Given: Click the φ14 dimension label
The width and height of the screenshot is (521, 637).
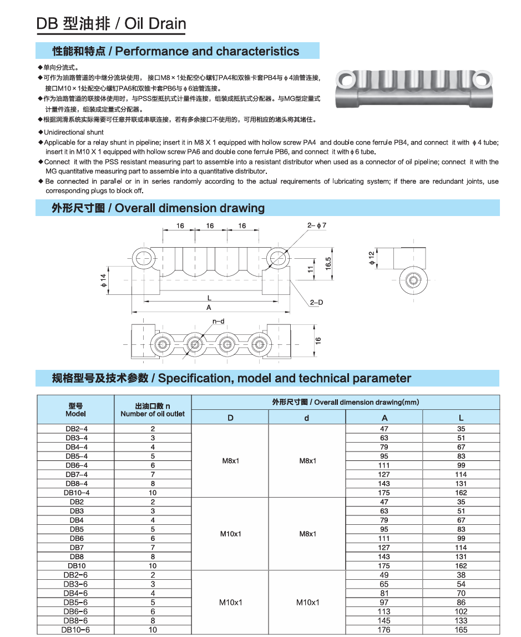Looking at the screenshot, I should coord(103,280).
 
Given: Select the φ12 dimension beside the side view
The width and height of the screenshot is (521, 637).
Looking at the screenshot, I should coord(372,257).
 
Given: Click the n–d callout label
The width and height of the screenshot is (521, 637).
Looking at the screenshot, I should coord(218,321).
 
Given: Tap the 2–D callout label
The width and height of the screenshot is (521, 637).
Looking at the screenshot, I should coord(317,302).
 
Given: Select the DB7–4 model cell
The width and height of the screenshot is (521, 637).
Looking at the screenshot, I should coord(76,474).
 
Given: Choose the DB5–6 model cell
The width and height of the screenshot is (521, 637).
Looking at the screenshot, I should coord(76,602).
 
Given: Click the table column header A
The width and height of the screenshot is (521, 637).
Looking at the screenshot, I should coord(384,418).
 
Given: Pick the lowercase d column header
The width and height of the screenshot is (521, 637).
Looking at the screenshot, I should coord(307,418).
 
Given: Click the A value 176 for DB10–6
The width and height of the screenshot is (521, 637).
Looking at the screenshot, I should coord(384,630).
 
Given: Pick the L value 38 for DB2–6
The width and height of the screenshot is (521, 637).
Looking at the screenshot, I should coord(461,575).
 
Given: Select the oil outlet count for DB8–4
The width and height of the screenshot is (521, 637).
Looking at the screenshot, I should coord(153,483).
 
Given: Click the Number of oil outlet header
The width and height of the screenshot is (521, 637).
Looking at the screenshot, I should coord(153,414).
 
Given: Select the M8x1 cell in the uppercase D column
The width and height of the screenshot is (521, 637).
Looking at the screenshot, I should coord(230,460).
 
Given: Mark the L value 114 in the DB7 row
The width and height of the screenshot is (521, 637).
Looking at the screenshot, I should coord(461,547).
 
